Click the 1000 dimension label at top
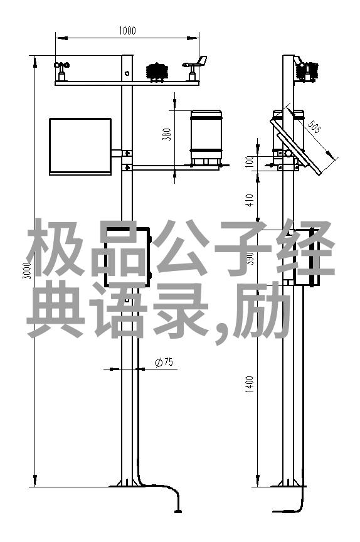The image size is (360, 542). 127,31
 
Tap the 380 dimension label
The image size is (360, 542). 167,134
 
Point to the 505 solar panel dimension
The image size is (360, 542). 314,127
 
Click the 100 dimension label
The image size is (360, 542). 250,162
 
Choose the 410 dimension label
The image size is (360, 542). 250,200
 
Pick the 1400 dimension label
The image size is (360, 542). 250,384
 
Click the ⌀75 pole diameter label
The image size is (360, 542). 164,363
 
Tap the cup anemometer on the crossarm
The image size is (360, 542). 61,71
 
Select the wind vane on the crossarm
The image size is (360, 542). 195,68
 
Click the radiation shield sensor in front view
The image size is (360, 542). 157,72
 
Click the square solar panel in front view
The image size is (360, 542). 80,147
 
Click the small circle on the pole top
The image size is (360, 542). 127,73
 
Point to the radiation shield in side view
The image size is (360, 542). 307,72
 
